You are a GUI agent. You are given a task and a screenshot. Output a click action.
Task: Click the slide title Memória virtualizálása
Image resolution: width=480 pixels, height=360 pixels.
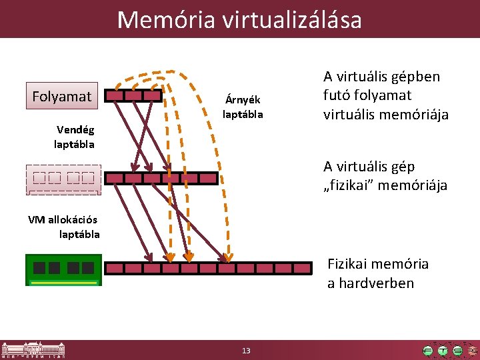239,19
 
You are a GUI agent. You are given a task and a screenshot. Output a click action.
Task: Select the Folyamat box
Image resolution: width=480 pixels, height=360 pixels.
61,96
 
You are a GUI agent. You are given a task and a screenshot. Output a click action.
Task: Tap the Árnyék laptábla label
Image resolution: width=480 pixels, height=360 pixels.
243,107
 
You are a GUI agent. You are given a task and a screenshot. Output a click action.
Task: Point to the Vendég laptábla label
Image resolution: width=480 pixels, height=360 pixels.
75,137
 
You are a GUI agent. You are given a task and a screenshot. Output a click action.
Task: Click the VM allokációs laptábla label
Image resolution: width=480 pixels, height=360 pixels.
64,227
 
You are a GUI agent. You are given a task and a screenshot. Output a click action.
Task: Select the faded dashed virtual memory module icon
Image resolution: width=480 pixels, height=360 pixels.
63,179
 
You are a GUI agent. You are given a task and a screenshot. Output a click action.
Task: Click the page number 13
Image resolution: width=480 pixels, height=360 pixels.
246,351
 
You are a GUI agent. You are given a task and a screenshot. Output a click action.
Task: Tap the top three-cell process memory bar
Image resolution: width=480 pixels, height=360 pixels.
134,95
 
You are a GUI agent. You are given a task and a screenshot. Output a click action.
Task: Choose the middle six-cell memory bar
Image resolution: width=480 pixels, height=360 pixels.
161,178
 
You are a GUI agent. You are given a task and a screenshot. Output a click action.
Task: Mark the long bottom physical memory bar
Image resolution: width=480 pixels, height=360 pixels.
208,268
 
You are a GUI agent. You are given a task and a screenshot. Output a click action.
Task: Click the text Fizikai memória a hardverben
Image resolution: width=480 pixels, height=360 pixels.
377,273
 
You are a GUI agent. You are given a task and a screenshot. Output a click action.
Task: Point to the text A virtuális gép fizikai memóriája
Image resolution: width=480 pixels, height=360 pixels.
385,175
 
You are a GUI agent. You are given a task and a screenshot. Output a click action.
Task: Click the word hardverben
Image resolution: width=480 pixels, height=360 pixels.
370,283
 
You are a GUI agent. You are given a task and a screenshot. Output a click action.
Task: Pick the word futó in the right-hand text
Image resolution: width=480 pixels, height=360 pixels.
338,95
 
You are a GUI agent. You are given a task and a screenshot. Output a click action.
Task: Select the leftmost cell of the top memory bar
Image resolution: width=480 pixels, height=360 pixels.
115,95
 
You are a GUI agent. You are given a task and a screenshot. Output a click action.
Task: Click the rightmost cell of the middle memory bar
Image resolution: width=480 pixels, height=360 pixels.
208,178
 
